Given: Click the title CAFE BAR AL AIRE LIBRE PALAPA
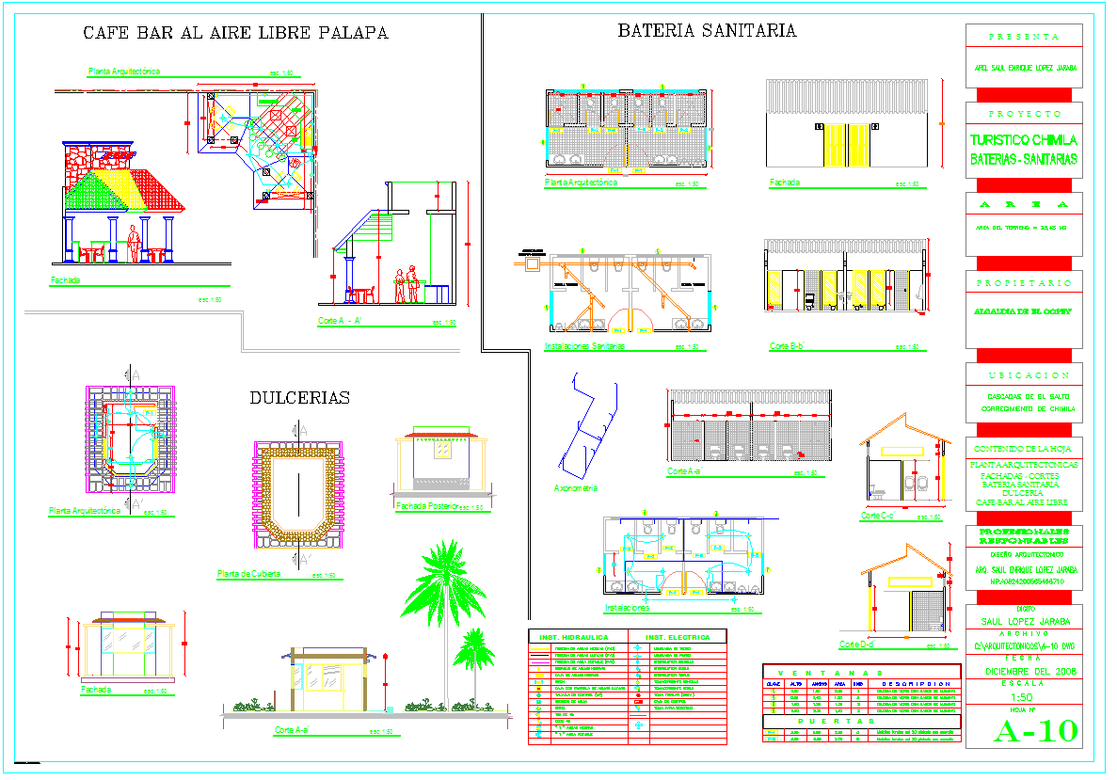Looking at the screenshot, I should tap(235, 33).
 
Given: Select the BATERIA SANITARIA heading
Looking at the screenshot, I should tap(707, 31).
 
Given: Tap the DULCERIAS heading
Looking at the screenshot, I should tap(299, 398).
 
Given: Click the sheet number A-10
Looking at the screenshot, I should tap(1035, 731).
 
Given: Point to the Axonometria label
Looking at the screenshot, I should tap(576, 488).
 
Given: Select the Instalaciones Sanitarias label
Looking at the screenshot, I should tap(584, 346).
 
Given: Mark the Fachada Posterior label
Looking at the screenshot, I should tap(426, 506).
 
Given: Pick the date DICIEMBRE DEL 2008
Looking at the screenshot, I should tap(1024, 672).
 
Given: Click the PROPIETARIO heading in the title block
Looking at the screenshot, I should tap(1024, 283).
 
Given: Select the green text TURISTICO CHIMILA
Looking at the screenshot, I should tap(1024, 140).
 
